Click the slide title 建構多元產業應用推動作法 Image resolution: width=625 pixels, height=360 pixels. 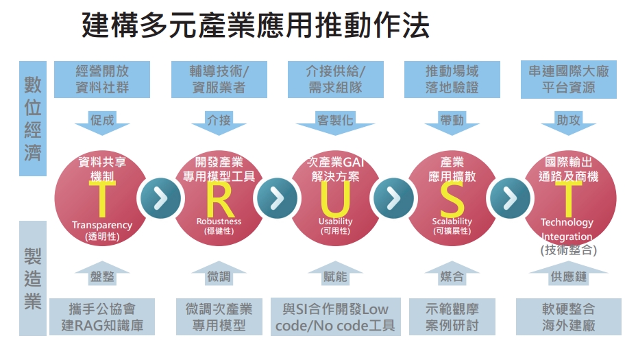click(256, 27)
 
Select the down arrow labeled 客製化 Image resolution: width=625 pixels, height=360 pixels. click(335, 121)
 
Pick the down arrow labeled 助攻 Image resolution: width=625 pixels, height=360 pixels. click(568, 121)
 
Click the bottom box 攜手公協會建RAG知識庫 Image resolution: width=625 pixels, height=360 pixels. click(102, 316)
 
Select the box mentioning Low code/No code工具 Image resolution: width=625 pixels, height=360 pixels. click(335, 316)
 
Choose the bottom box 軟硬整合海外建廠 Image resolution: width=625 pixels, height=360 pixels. click(568, 316)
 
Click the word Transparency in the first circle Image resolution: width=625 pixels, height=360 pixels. click(101, 225)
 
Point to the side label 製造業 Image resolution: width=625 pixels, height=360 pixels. click(33, 278)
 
